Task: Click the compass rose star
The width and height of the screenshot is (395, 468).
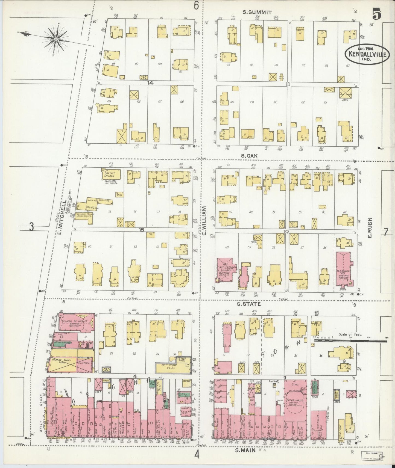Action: coord(56,39)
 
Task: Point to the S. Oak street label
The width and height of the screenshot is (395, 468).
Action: coord(248,156)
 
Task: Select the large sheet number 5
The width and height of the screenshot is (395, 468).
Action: coord(376,14)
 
